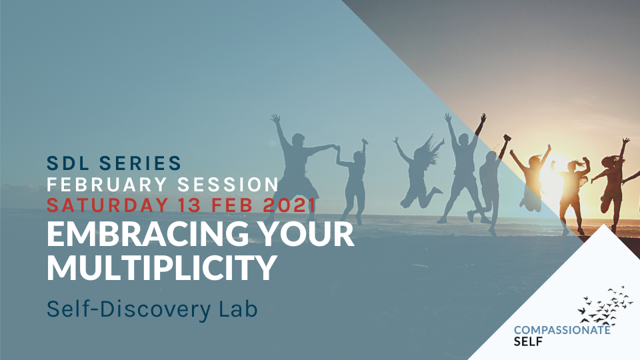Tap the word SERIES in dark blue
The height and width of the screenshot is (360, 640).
pyautogui.click(x=141, y=163)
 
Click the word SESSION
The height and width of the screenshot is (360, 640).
pyautogui.click(x=228, y=185)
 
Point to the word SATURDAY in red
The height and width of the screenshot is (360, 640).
pyautogui.click(x=107, y=205)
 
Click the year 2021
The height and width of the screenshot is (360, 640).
pyautogui.click(x=289, y=205)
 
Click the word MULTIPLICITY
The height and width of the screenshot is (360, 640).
pyautogui.click(x=162, y=267)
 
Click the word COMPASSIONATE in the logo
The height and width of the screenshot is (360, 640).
pyautogui.click(x=562, y=330)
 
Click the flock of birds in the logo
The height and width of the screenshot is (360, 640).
pyautogui.click(x=606, y=306)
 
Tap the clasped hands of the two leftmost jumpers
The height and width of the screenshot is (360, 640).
pyautogui.click(x=337, y=148)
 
